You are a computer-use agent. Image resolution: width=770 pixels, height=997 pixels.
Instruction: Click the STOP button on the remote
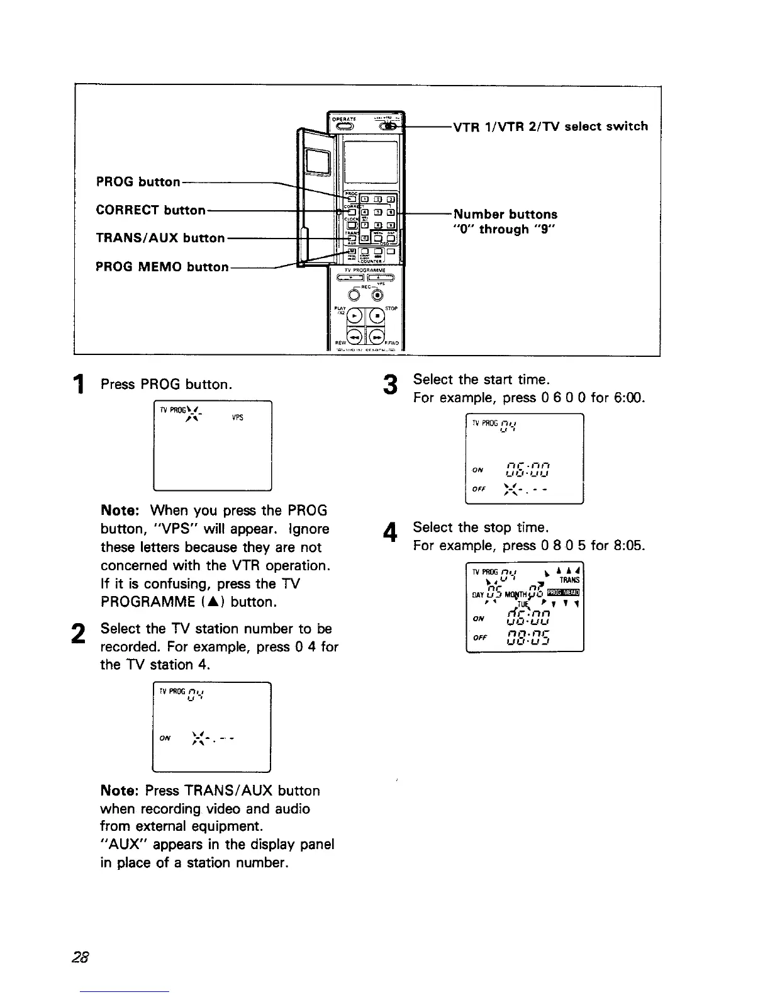(x=377, y=315)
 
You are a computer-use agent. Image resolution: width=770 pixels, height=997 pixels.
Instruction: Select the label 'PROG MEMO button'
(x=162, y=266)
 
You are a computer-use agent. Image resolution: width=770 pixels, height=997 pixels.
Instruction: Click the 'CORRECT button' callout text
(x=150, y=210)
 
